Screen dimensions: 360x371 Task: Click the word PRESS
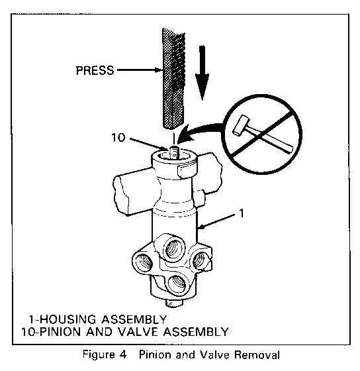pos(95,70)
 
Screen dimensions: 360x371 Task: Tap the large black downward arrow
pos(202,73)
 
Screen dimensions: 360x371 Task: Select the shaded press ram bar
pos(174,79)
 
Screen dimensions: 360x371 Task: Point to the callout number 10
pos(118,138)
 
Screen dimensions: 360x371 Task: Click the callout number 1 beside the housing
pos(242,213)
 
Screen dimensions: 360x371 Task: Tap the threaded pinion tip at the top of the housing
pos(175,152)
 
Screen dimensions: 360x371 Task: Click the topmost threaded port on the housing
pos(174,248)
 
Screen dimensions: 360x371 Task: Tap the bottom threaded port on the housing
pos(177,284)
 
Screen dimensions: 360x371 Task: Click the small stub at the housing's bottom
pos(174,303)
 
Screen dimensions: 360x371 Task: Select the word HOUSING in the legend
pos(67,319)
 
